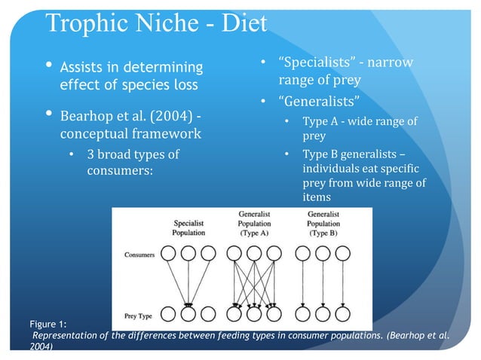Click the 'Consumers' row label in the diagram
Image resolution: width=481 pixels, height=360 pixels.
[139, 255]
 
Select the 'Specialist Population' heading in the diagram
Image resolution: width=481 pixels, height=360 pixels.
[188, 227]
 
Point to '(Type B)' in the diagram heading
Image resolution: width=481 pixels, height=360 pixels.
[323, 233]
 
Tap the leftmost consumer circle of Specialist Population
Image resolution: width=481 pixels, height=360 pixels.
[169, 255]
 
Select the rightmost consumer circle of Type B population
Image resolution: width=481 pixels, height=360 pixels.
[342, 255]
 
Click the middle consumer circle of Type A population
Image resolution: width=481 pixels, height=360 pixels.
[254, 255]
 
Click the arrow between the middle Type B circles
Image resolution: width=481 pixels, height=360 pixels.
[323, 284]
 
